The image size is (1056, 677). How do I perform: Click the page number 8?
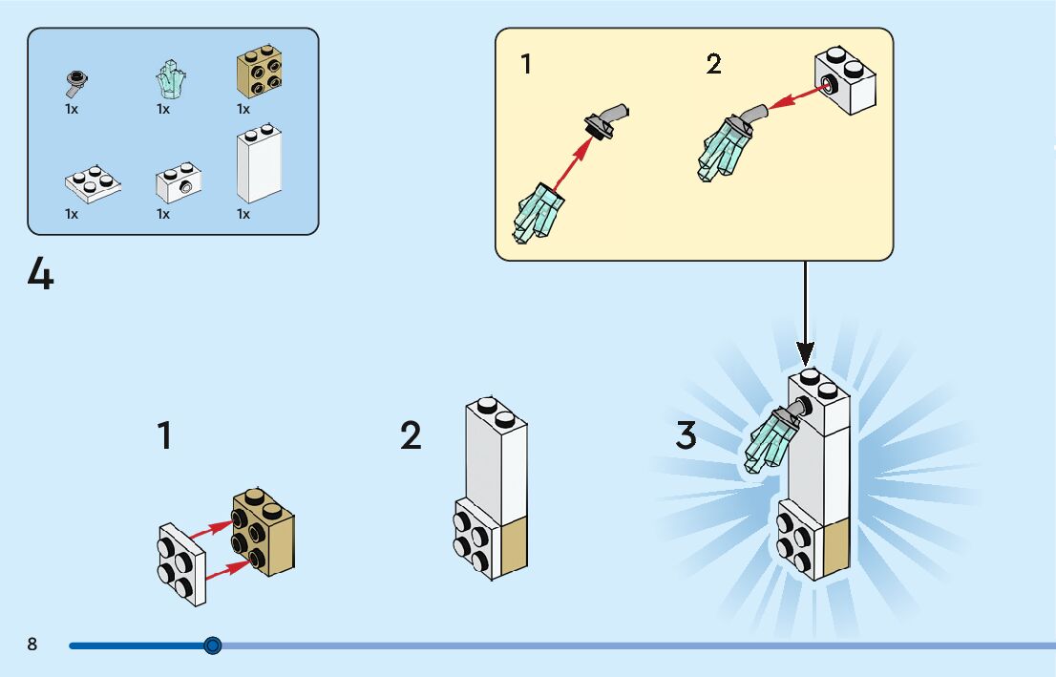pyautogui.click(x=32, y=645)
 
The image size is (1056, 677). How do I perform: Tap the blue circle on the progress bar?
pyautogui.click(x=213, y=645)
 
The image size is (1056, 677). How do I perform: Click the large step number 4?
pyautogui.click(x=41, y=275)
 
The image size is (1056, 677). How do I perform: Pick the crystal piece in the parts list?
pyautogui.click(x=170, y=80)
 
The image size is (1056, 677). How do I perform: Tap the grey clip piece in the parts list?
pyautogui.click(x=74, y=83)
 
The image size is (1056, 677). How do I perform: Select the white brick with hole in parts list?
pyautogui.click(x=178, y=182)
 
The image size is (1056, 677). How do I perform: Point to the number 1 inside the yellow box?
pyautogui.click(x=526, y=65)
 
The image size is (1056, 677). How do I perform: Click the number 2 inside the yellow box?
pyautogui.click(x=714, y=65)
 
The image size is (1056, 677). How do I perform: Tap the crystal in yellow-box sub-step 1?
pyautogui.click(x=539, y=213)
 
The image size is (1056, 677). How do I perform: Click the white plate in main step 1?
pyautogui.click(x=182, y=563)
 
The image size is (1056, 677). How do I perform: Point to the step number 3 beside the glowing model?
pyautogui.click(x=686, y=435)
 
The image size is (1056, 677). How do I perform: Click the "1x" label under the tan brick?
pyautogui.click(x=243, y=109)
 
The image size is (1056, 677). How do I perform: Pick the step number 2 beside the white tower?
pyautogui.click(x=411, y=435)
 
